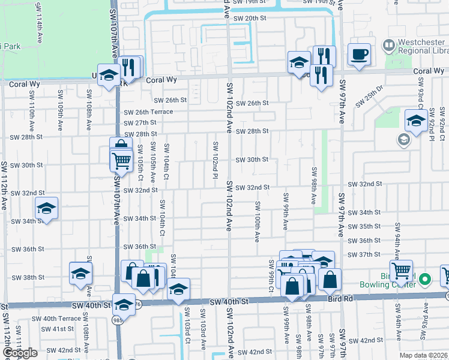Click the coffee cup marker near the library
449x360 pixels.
coord(360,55)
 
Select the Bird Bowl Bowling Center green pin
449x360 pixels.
coord(425,279)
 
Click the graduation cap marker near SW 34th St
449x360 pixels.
coord(46,209)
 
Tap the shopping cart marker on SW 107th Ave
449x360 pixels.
coord(121,160)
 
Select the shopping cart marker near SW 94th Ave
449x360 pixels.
coord(400,271)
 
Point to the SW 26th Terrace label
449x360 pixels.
coord(148,112)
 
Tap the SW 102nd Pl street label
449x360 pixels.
coord(214,155)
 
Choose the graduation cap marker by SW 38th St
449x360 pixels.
coord(81,274)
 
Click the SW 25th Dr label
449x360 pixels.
coord(368,95)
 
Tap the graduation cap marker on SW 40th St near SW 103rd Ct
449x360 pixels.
coord(178,290)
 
